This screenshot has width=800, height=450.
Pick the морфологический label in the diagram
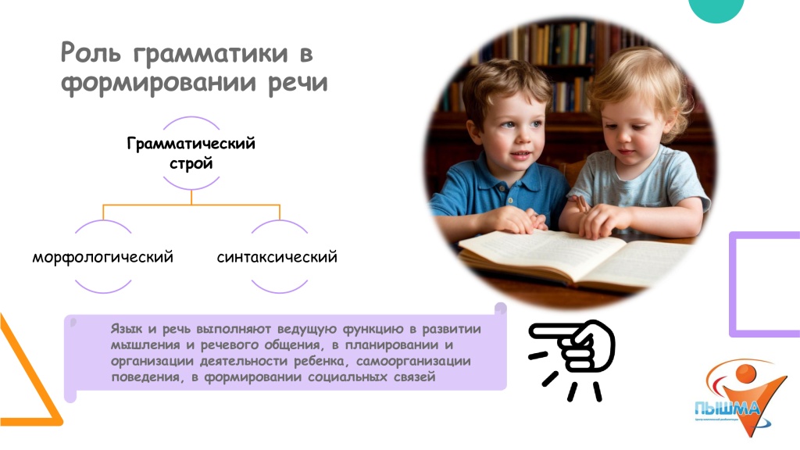coord(102,257)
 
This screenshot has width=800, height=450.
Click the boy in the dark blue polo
coord(500,156)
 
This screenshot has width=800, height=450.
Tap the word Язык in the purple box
coord(127,329)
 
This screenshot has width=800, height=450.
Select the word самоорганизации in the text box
coord(430,362)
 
